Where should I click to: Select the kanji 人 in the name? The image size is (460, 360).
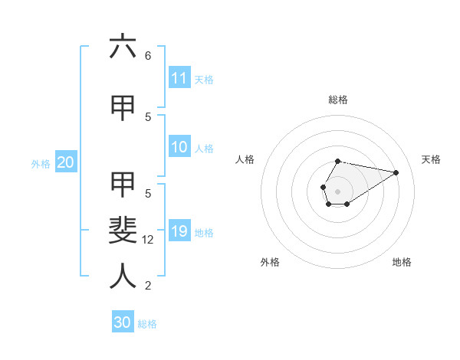[x=123, y=276]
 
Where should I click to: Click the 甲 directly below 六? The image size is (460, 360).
[x=123, y=108]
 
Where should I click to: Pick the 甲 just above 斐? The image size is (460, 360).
[x=123, y=184]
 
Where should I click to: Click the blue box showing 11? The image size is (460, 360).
[x=179, y=78]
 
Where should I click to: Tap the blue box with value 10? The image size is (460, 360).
[x=179, y=148]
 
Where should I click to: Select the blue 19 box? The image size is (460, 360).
[x=179, y=231]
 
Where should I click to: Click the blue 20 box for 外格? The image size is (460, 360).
[x=66, y=162]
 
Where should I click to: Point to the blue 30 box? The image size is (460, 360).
[x=123, y=322]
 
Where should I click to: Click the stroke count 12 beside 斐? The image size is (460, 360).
[x=149, y=240]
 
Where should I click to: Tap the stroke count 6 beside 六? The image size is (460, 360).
[x=148, y=55]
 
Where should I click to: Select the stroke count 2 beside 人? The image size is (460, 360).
[x=148, y=286]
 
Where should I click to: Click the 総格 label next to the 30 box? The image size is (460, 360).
[x=147, y=324]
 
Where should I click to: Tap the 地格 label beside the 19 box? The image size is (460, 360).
[x=204, y=233]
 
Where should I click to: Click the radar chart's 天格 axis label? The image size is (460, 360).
[x=431, y=159]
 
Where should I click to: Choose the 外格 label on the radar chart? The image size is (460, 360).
[x=270, y=262]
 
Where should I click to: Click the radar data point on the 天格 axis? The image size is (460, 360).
[x=396, y=172]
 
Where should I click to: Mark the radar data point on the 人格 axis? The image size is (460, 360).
[x=323, y=186]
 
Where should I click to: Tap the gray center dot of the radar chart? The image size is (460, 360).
[x=337, y=191]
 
